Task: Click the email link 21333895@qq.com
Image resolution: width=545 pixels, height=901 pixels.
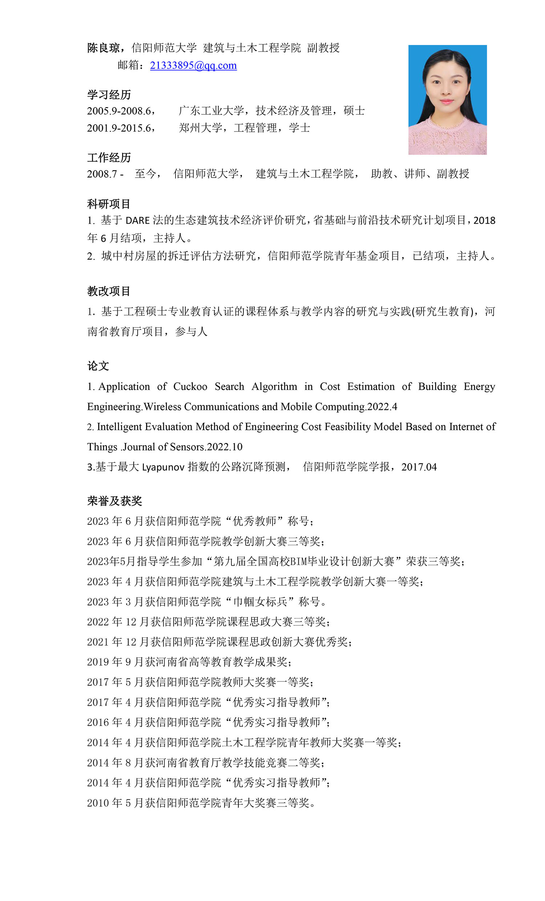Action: pos(193,65)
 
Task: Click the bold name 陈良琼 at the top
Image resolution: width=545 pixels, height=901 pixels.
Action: pos(104,48)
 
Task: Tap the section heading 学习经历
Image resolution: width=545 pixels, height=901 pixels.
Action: pos(109,95)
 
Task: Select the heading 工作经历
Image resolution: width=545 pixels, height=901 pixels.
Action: pos(109,158)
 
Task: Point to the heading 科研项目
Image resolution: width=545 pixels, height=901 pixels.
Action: pos(109,204)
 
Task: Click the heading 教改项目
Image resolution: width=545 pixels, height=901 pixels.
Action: pos(109,291)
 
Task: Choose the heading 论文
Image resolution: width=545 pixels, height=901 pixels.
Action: pos(98,366)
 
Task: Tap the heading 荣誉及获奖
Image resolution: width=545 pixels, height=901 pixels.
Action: pos(114,501)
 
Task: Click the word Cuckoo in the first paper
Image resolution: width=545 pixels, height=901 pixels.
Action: pos(190,386)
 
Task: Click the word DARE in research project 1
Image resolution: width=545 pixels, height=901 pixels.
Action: pos(138,220)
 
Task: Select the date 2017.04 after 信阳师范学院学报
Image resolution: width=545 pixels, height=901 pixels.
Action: pos(419,467)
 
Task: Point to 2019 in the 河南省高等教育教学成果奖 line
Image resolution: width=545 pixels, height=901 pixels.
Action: pos(98,662)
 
